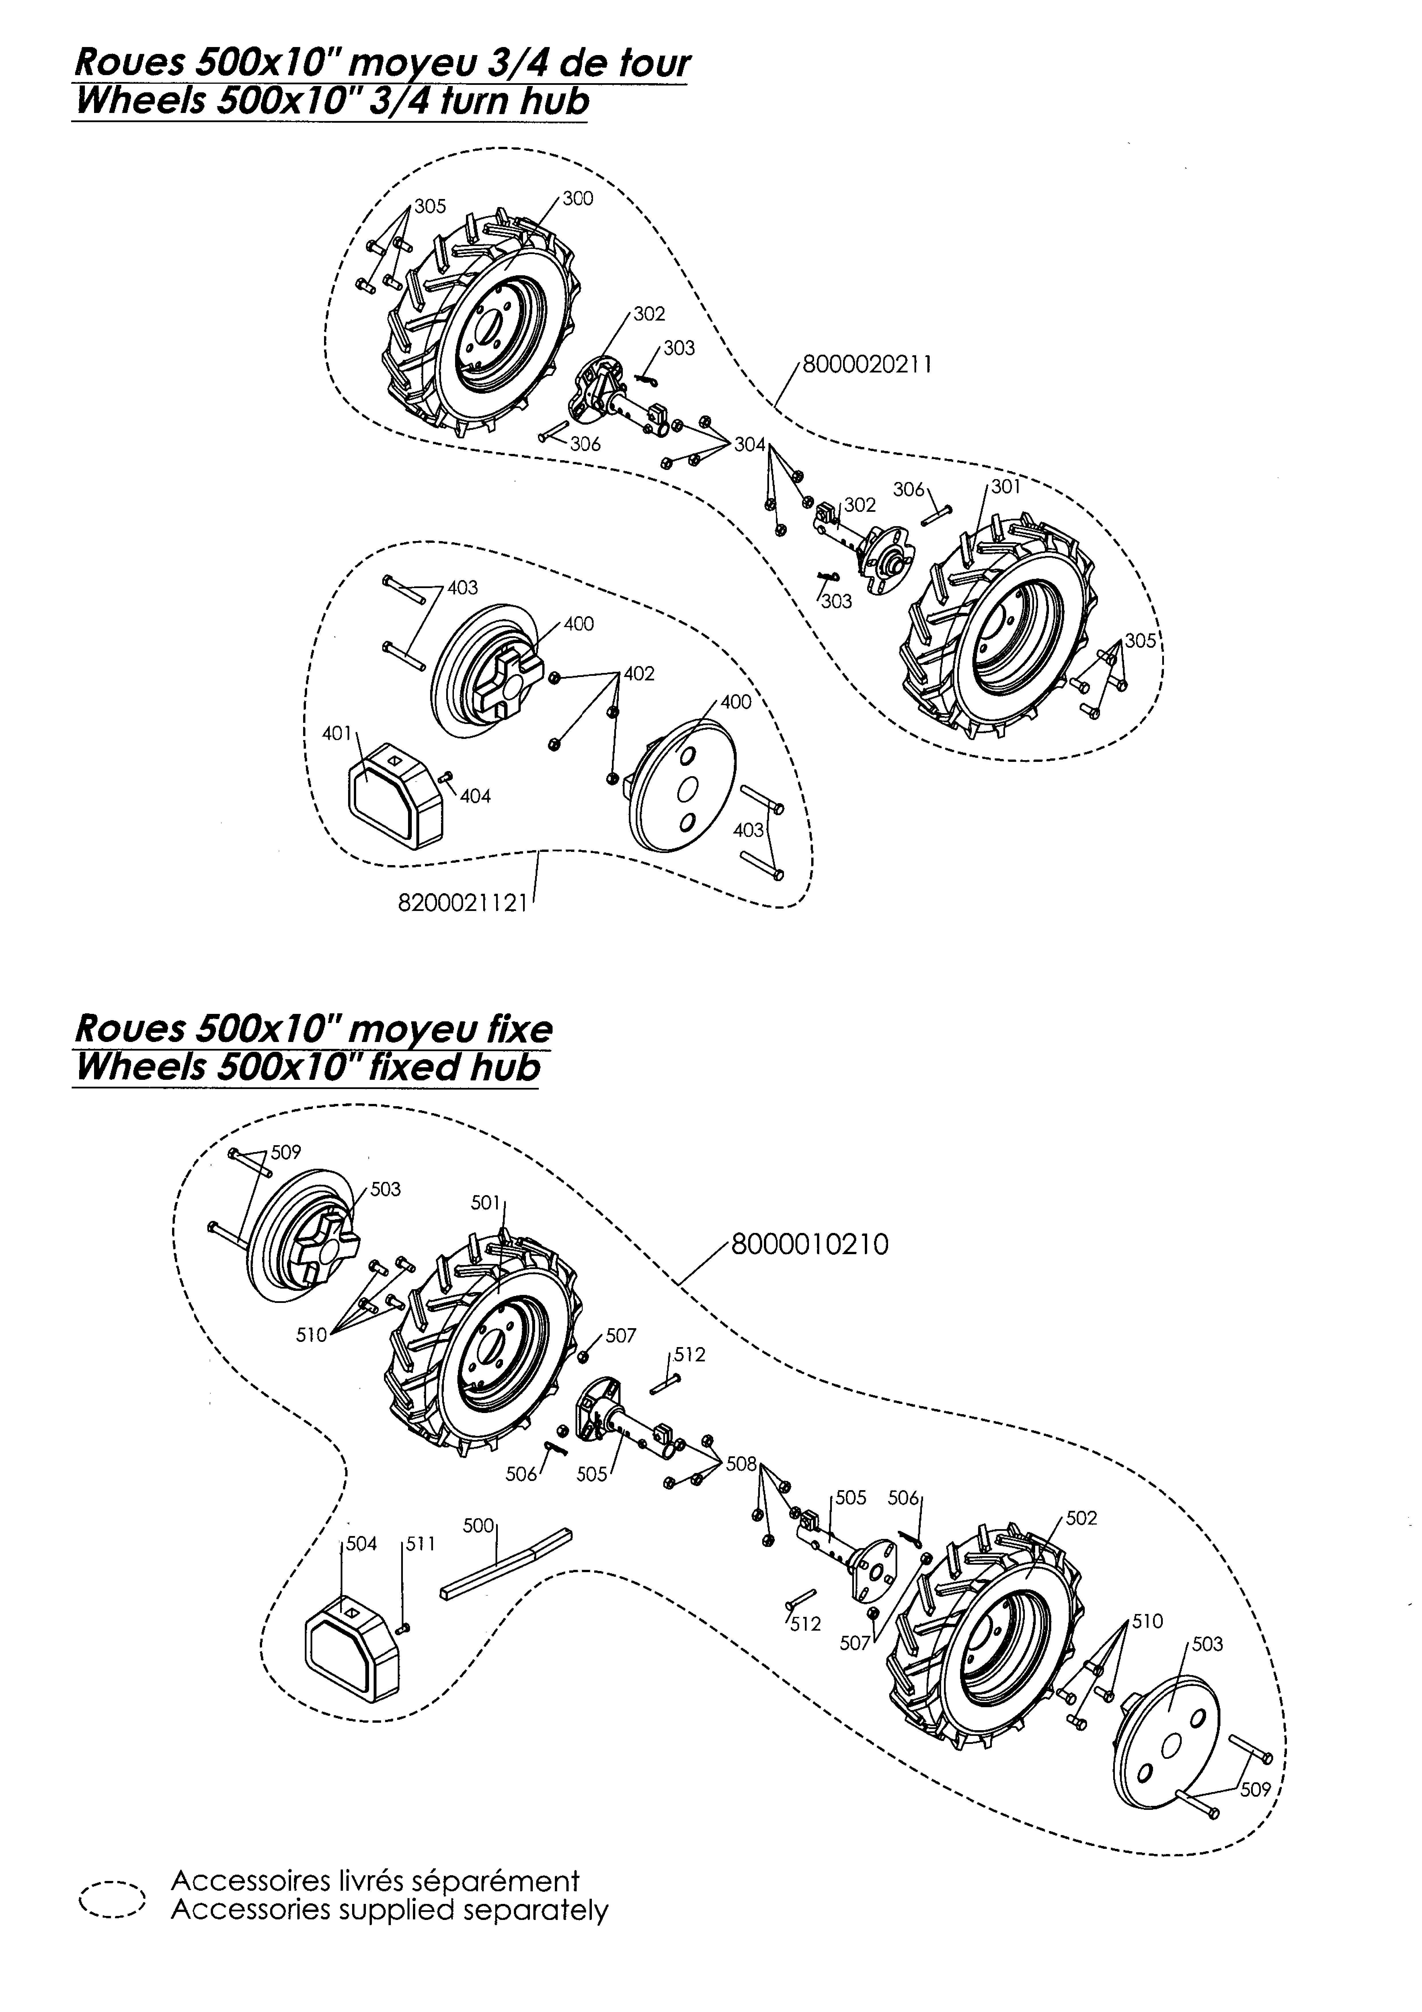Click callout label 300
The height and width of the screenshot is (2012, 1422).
578,199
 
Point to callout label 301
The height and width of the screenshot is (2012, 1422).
1006,487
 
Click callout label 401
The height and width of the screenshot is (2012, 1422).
336,733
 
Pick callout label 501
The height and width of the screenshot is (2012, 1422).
485,1203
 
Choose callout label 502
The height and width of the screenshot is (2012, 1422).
1081,1518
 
